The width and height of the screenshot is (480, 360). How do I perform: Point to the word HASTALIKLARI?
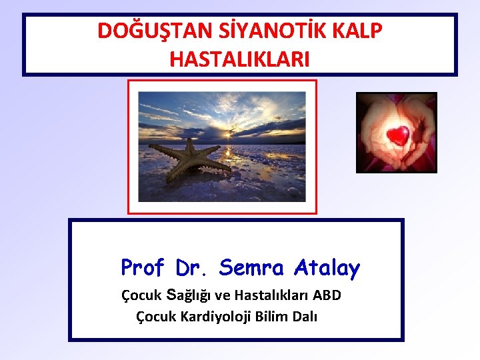pyautogui.click(x=239, y=59)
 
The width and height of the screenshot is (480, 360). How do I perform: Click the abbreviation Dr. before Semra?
pyautogui.click(x=193, y=268)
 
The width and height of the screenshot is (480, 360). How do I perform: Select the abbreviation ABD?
pyautogui.click(x=327, y=295)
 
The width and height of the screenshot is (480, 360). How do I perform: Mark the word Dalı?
pyautogui.click(x=305, y=316)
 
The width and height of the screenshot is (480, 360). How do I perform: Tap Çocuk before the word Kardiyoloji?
pyautogui.click(x=156, y=316)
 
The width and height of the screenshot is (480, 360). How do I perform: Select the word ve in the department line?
pyautogui.click(x=223, y=295)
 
